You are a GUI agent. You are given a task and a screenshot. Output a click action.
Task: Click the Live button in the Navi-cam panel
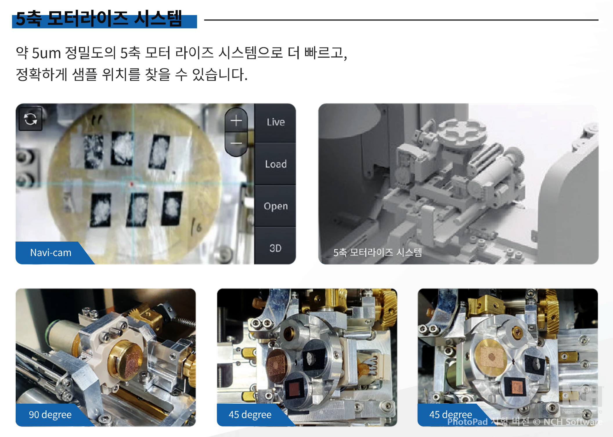275,122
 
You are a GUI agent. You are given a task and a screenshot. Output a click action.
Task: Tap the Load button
275,164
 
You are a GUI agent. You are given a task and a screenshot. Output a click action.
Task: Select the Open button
275,206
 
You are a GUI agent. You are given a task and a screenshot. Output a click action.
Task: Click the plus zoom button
236,120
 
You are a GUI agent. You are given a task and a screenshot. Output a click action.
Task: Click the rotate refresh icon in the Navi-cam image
30,119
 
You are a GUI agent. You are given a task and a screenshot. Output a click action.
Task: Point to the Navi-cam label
51,253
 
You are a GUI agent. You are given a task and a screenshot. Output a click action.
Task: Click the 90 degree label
50,415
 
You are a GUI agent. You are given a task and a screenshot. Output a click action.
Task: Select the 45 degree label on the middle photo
250,415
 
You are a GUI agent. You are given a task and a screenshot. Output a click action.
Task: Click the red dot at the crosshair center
131,184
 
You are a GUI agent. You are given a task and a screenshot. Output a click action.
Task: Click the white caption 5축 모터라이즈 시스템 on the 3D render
378,252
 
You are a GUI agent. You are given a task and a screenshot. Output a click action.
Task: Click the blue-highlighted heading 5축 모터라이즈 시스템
99,19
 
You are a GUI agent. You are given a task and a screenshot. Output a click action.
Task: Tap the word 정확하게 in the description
42,75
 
